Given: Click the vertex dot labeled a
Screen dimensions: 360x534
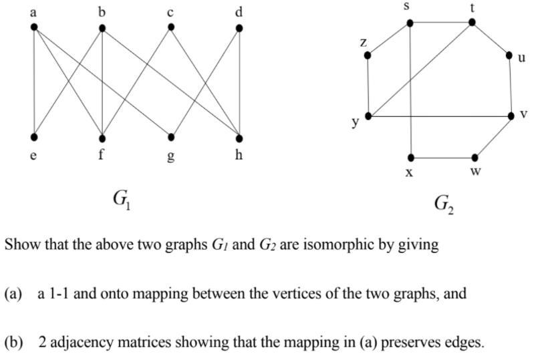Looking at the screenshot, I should click(x=34, y=27).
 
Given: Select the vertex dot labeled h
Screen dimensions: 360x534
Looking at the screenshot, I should click(x=239, y=138).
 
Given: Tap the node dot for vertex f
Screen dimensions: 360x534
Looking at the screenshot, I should click(x=102, y=138).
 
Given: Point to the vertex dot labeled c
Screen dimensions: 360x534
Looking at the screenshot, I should click(x=171, y=27).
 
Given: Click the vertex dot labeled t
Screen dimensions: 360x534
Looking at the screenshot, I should click(x=472, y=22).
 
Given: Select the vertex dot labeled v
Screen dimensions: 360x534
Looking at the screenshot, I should click(x=511, y=116).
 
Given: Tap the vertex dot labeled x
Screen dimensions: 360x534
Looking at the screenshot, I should click(x=410, y=158).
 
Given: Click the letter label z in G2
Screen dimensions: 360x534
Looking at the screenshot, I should click(x=364, y=41).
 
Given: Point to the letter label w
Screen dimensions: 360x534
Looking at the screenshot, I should click(x=475, y=171).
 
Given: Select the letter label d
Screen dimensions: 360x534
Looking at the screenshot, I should click(x=239, y=12).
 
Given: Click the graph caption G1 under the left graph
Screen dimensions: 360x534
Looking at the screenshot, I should click(x=122, y=199).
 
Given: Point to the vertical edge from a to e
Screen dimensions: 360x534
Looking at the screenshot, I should click(x=34, y=83).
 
